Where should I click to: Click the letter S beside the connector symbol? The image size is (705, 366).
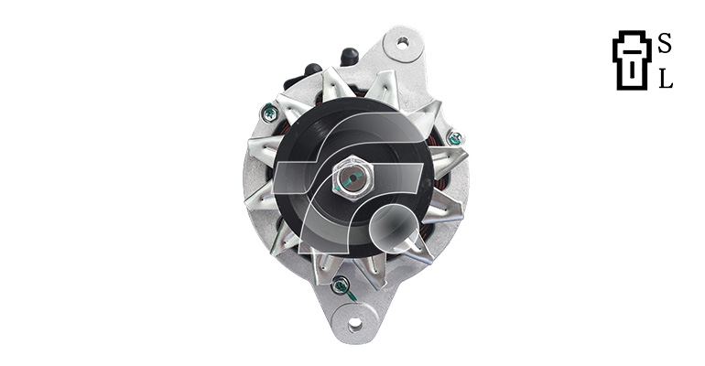[x=665, y=44]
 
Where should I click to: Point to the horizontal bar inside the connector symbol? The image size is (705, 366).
[x=632, y=52]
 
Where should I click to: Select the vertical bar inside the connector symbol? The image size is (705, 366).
[x=632, y=69]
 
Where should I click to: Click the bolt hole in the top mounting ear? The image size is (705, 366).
[x=403, y=43]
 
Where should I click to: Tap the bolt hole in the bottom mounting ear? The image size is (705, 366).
[x=354, y=323]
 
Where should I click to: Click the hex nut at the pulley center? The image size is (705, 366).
[x=353, y=178]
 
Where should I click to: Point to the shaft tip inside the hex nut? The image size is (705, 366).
[x=352, y=178]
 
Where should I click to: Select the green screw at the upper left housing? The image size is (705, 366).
[x=269, y=113]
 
